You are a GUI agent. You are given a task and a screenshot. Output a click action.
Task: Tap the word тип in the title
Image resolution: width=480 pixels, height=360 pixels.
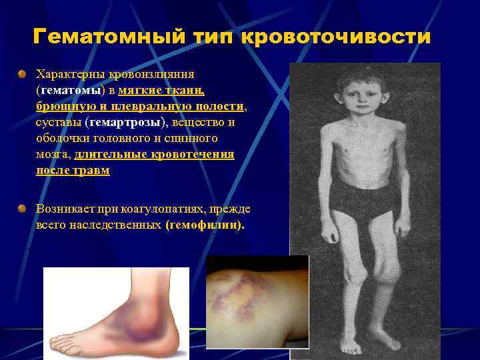click(208, 37)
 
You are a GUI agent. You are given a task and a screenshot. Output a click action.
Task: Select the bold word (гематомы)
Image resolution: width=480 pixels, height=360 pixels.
click(67, 89)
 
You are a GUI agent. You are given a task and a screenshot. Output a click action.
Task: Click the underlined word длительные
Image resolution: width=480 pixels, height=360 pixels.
click(107, 155)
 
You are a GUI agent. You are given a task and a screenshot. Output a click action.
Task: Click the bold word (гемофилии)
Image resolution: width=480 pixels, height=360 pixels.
click(205, 225)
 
